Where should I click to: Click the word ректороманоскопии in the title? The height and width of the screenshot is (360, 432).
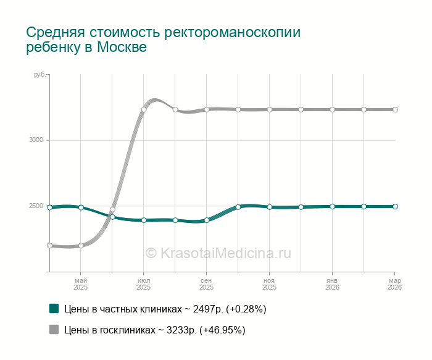pyautogui.click(x=237, y=32)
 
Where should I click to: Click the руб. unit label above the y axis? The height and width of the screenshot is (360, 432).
pyautogui.click(x=39, y=74)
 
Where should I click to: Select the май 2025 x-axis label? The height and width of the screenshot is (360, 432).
pyautogui.click(x=81, y=284)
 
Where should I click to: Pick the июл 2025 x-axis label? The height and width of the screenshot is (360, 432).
pyautogui.click(x=144, y=284)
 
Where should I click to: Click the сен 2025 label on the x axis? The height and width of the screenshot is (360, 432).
pyautogui.click(x=207, y=284)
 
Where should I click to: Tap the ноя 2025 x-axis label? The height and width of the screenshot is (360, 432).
pyautogui.click(x=269, y=284)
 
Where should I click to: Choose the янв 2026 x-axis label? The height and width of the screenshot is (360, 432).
pyautogui.click(x=332, y=284)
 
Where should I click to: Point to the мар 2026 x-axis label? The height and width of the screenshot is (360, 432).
pyautogui.click(x=394, y=284)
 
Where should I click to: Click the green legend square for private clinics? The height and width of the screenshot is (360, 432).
pyautogui.click(x=54, y=308)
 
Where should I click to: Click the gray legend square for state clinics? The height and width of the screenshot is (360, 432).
pyautogui.click(x=54, y=330)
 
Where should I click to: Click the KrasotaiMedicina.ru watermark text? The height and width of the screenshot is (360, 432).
pyautogui.click(x=218, y=253)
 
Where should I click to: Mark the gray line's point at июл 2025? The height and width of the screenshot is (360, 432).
pyautogui.click(x=144, y=109)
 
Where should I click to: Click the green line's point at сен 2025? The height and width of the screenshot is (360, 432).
pyautogui.click(x=207, y=220)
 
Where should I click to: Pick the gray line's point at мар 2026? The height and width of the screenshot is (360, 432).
pyautogui.click(x=395, y=109)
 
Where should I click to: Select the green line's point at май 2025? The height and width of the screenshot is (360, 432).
pyautogui.click(x=81, y=207)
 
